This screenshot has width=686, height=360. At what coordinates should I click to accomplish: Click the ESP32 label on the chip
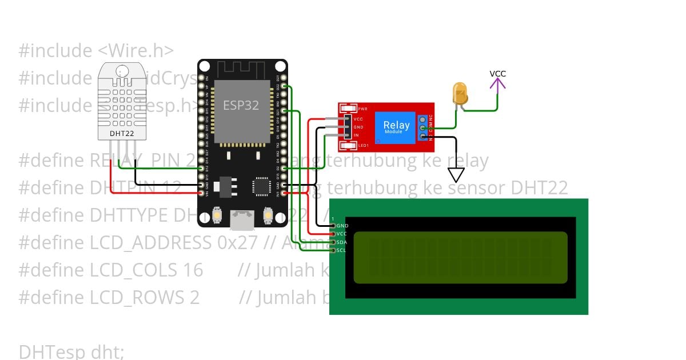(241, 105)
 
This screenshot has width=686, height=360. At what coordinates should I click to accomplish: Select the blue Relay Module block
(396, 127)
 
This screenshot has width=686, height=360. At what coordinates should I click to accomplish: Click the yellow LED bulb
(459, 92)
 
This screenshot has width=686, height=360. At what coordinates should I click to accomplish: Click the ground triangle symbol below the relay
(456, 174)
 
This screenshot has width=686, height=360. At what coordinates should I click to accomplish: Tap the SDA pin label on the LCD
(341, 242)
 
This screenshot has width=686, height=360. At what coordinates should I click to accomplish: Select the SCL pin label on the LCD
(341, 250)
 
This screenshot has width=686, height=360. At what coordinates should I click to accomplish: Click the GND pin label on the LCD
(342, 226)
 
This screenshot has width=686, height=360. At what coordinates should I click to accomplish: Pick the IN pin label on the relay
(356, 135)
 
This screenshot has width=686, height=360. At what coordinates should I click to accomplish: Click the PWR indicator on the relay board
(362, 108)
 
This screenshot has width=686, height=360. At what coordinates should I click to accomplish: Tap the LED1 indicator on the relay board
(362, 146)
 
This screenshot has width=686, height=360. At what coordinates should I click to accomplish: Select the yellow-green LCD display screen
(460, 257)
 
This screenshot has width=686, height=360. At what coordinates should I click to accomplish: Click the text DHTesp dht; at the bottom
(71, 351)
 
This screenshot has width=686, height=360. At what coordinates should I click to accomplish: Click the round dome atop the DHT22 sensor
(122, 71)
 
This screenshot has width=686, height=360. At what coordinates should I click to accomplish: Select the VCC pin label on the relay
(358, 119)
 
